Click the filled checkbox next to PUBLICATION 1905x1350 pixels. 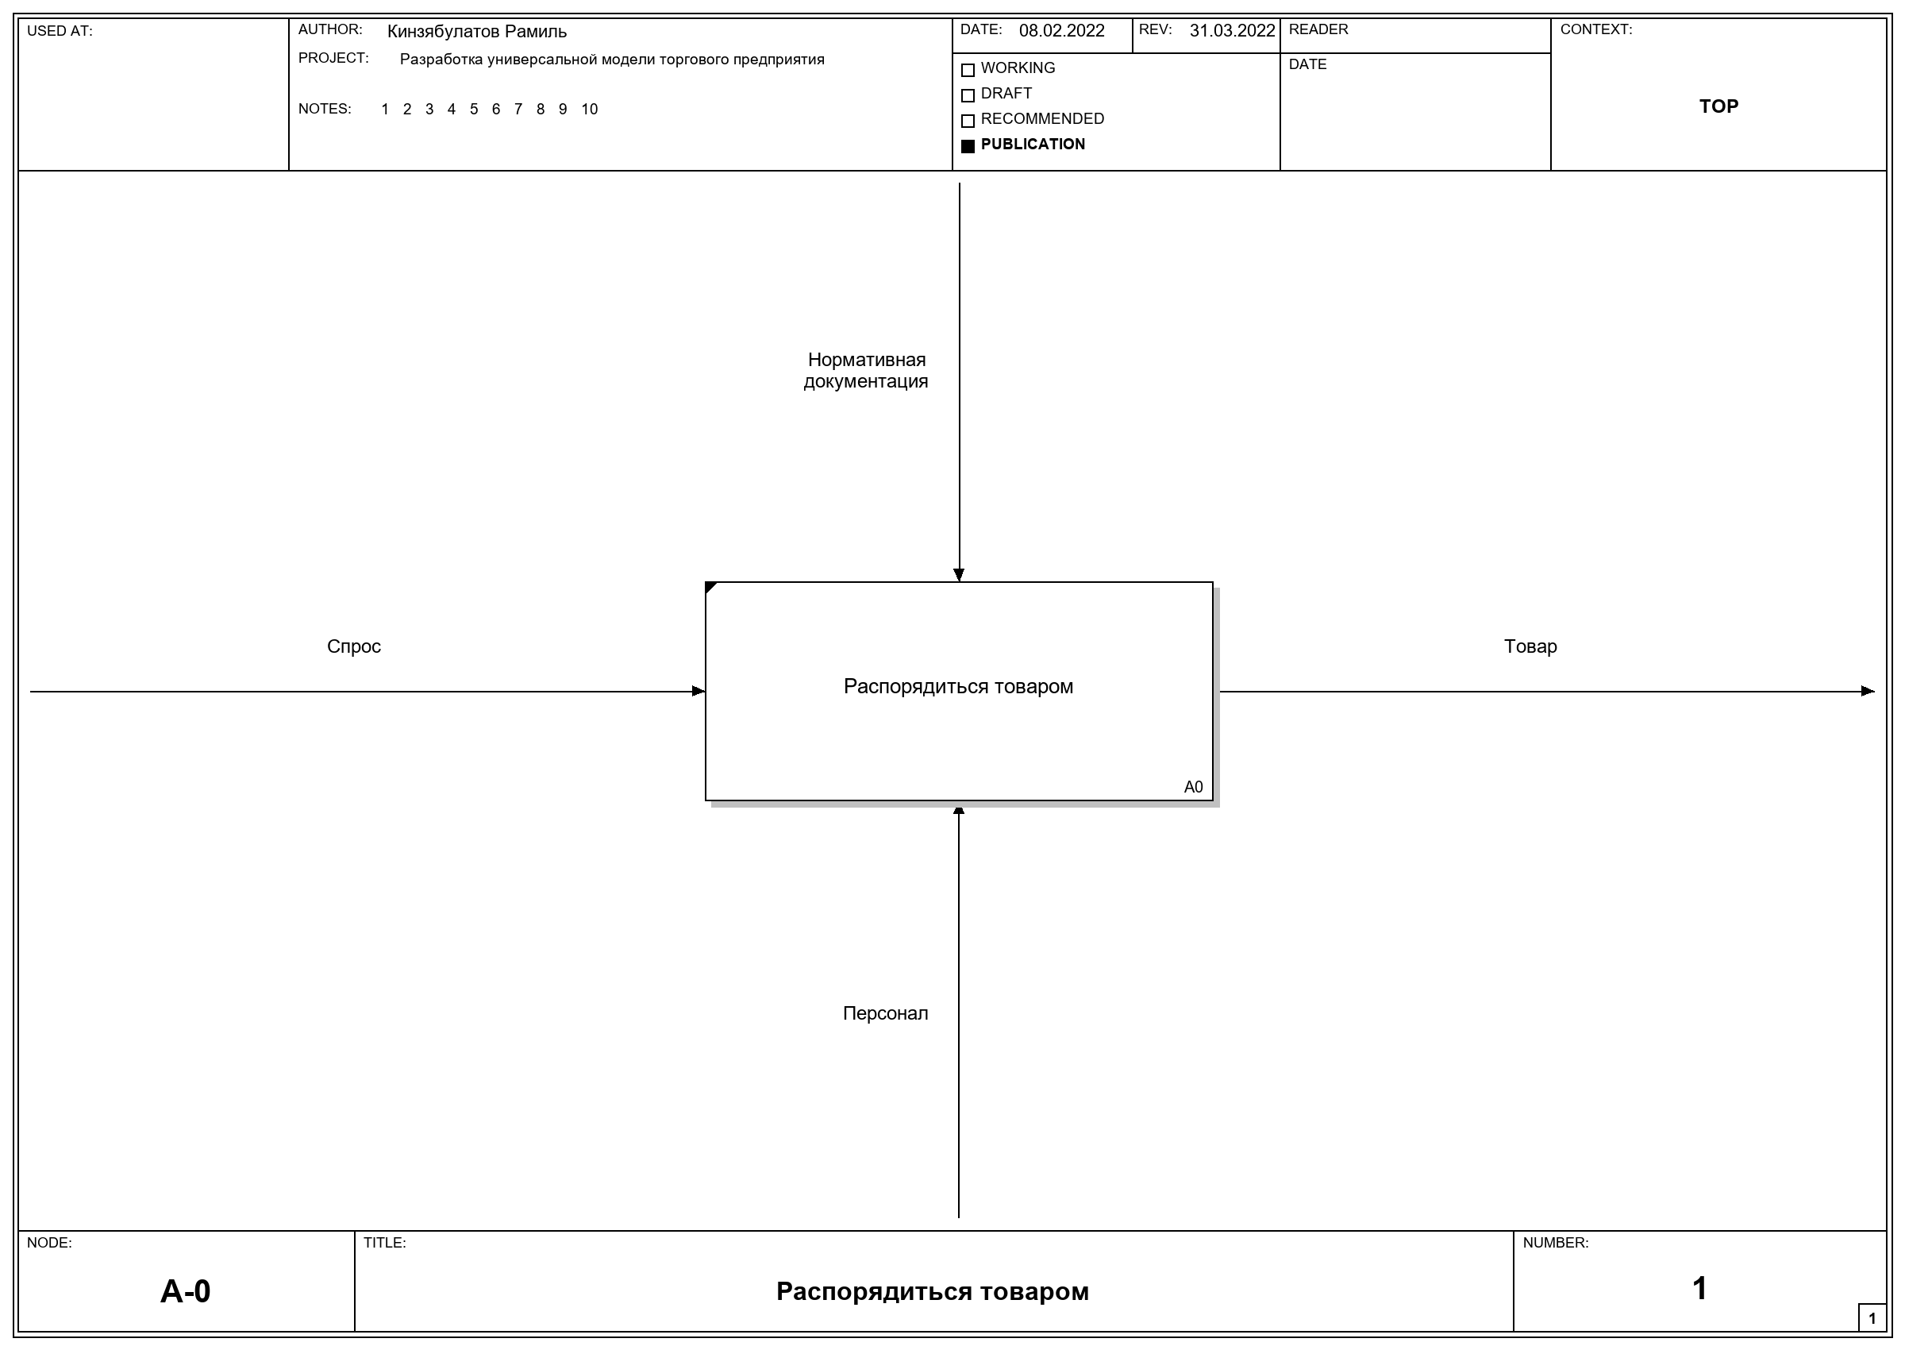coord(968,145)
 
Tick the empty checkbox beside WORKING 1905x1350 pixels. coord(968,70)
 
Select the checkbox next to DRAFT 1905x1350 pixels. coord(968,94)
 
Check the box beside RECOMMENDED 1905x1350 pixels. coord(968,121)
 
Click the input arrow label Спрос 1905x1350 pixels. coord(354,646)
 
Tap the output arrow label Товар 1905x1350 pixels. coord(1530,646)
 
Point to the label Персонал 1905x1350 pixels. coord(886,1013)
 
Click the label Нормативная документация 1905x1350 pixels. coord(866,371)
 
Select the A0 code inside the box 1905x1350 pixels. coord(1193,787)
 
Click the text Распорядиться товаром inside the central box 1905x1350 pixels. coord(959,687)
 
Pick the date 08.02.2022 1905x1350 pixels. coord(1062,31)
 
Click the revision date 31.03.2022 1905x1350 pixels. coord(1232,31)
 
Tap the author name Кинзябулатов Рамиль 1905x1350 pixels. coord(477,32)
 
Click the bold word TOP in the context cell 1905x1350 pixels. coord(1719,106)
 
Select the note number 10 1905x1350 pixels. coord(589,109)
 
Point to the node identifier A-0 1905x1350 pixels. coord(185,1291)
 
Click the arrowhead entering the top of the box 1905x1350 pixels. coord(959,575)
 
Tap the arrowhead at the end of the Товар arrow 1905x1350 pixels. coord(1868,691)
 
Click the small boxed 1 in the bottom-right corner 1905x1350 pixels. coord(1872,1317)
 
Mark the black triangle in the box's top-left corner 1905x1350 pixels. coord(710,587)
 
